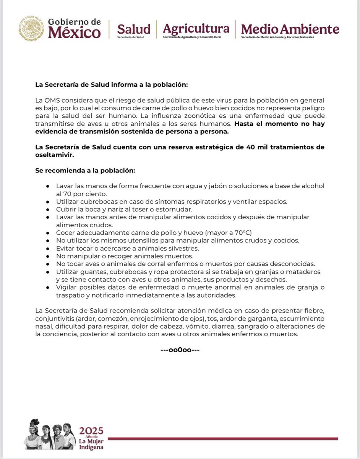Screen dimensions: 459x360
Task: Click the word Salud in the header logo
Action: coord(133,29)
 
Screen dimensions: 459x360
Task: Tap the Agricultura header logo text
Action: coord(196,28)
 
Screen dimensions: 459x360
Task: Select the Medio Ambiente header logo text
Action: coord(290,29)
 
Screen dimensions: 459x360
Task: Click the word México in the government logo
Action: coord(75,33)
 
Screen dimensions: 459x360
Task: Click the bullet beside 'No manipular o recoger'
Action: coord(47,256)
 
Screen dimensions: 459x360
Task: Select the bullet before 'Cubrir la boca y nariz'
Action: coord(47,209)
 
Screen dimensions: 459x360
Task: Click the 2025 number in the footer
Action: coord(91,431)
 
